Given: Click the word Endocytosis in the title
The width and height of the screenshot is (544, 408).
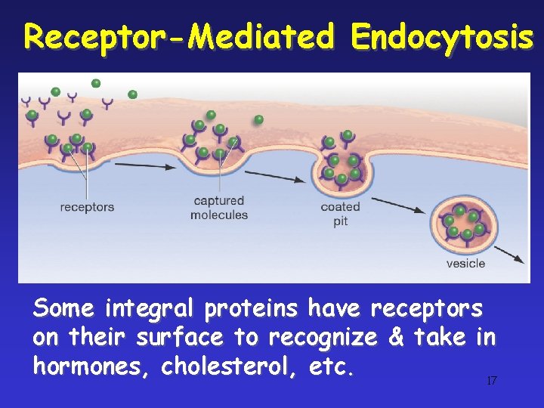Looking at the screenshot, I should (443, 36).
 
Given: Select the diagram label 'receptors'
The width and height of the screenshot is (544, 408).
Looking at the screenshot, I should (87, 206).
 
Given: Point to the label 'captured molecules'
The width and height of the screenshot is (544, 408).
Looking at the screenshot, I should (219, 208).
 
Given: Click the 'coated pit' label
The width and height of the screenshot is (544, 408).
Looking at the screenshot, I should (340, 214).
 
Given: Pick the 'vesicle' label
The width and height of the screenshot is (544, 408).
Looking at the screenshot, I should (465, 263).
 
